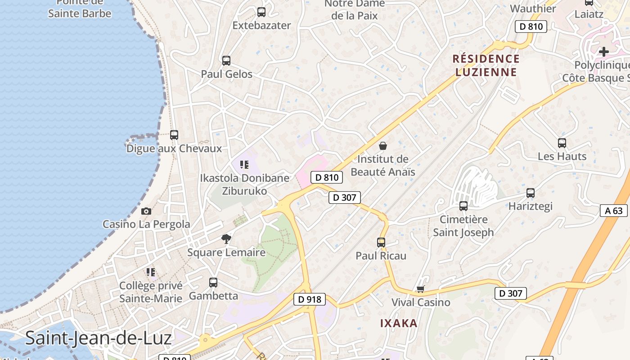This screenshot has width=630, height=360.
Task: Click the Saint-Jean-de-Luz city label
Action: pyautogui.click(x=98, y=338)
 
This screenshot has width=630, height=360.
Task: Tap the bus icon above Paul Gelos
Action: pyautogui.click(x=226, y=60)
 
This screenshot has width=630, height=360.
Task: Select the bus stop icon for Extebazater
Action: pyautogui.click(x=261, y=12)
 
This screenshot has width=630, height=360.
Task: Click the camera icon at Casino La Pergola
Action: pyautogui.click(x=146, y=211)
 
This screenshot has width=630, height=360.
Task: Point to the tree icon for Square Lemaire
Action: pyautogui.click(x=226, y=239)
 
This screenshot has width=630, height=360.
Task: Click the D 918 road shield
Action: pyautogui.click(x=309, y=299)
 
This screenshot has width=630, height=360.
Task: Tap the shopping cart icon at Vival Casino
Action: pyautogui.click(x=420, y=289)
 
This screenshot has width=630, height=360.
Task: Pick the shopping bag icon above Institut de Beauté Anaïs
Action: pyautogui.click(x=383, y=146)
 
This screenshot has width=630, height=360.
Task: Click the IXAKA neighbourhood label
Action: pyautogui.click(x=399, y=323)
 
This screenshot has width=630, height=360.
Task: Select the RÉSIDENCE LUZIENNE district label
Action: pyautogui.click(x=486, y=65)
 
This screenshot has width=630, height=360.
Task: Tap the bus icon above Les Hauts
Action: pyautogui.click(x=562, y=143)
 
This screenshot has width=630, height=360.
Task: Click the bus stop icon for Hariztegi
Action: pyautogui.click(x=531, y=193)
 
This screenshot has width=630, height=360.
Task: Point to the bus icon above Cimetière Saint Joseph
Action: pyautogui.click(x=463, y=206)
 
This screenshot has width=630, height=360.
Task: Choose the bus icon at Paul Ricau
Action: pyautogui.click(x=381, y=243)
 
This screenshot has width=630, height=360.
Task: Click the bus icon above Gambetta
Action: pyautogui.click(x=213, y=283)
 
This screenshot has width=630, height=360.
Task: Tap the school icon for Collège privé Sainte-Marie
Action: pyautogui.click(x=151, y=272)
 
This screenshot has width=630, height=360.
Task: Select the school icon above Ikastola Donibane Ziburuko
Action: pyautogui.click(x=244, y=165)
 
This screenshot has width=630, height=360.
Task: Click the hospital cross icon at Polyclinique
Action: pyautogui.click(x=604, y=52)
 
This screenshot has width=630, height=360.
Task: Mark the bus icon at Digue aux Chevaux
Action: pyautogui.click(x=174, y=135)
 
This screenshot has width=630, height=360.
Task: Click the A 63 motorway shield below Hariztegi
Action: pyautogui.click(x=613, y=210)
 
